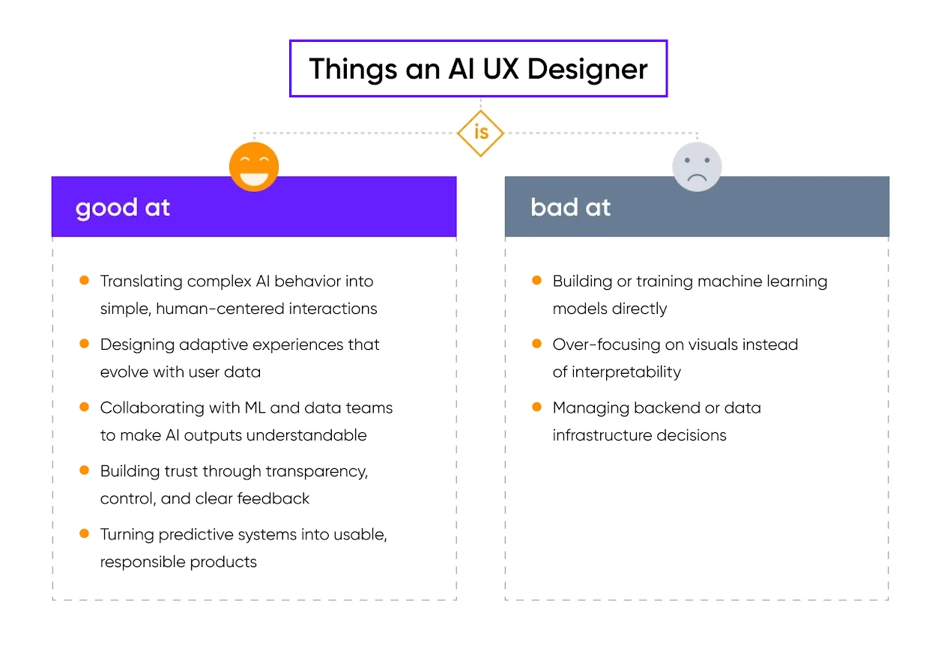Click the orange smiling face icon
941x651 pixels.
coord(254,166)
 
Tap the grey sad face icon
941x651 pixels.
coord(697,166)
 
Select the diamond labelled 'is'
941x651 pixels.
coord(480,133)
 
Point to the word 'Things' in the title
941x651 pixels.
coord(351,69)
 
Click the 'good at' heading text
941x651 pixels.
coord(123,208)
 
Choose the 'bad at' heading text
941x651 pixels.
coord(570,208)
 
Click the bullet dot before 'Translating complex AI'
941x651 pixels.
coord(85,281)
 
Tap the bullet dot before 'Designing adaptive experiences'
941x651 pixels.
coord(85,344)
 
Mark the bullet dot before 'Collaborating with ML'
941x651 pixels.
coord(85,408)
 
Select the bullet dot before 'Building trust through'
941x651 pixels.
coord(85,470)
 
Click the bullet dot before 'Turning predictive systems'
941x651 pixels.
coord(85,534)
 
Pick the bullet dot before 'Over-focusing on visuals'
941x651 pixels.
coord(536,344)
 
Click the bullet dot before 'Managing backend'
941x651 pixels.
coord(536,408)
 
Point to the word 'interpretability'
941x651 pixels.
coord(626,372)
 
